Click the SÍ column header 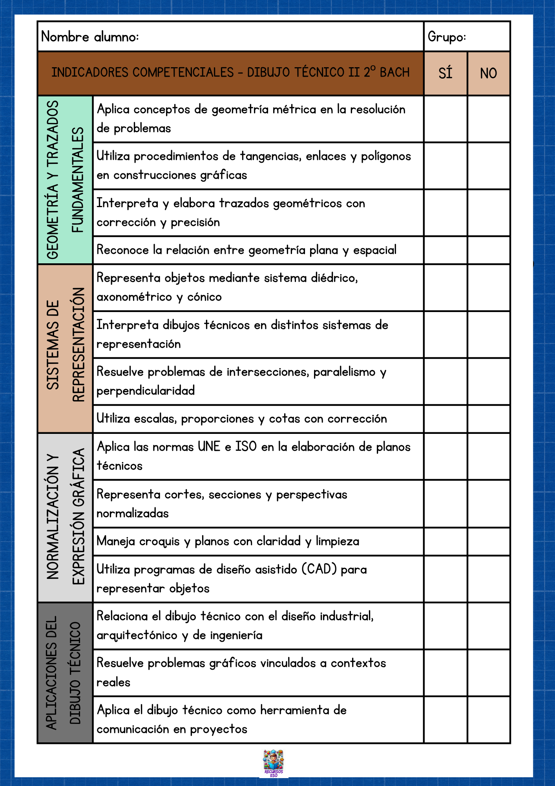(x=445, y=73)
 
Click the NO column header (x=489, y=73)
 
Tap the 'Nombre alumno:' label (x=90, y=37)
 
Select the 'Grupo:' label (x=447, y=37)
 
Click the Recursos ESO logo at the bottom (x=274, y=763)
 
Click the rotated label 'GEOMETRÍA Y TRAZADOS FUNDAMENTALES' (x=65, y=180)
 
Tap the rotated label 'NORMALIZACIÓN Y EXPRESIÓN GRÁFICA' (x=65, y=518)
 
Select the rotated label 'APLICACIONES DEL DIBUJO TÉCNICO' (x=65, y=673)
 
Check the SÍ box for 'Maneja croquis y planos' (x=445, y=541)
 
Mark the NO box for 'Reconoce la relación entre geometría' (x=489, y=250)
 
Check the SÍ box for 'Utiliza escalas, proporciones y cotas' (x=445, y=419)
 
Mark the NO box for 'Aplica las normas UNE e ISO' (x=489, y=456)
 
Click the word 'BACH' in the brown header (x=394, y=73)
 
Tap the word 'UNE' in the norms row (x=209, y=447)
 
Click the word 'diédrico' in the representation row (x=334, y=278)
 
